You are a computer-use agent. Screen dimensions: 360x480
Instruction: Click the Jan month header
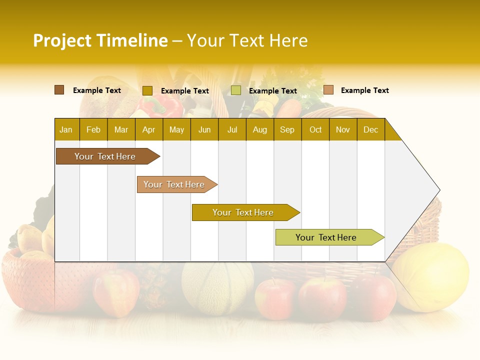coord(66,129)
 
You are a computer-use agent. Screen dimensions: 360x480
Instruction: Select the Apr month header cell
coord(149,129)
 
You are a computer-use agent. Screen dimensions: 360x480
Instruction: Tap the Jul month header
coord(232,129)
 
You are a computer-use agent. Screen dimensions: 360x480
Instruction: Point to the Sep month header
coord(287,129)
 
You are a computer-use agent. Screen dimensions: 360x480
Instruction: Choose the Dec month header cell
coord(370,129)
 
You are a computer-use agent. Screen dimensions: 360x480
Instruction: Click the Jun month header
coord(204,129)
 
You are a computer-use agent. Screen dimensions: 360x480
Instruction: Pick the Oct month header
coord(315,129)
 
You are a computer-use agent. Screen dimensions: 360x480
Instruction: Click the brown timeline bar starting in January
coord(105,156)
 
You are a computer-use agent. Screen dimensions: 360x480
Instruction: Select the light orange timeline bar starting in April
coord(174,184)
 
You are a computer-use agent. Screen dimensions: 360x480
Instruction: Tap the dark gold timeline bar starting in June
coord(243,212)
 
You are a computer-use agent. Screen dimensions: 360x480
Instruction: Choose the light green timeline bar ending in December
coord(326,237)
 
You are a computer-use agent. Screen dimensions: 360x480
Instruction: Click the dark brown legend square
coord(59,90)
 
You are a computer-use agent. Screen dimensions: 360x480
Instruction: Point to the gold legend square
coord(147,90)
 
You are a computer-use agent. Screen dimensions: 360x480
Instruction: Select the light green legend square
coord(236,90)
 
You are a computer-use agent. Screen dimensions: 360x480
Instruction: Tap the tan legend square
coord(328,90)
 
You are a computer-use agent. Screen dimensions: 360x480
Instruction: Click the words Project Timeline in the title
coord(100,40)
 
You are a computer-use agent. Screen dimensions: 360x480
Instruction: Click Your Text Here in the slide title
coord(247,40)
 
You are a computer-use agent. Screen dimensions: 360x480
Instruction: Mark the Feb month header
coord(93,129)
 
